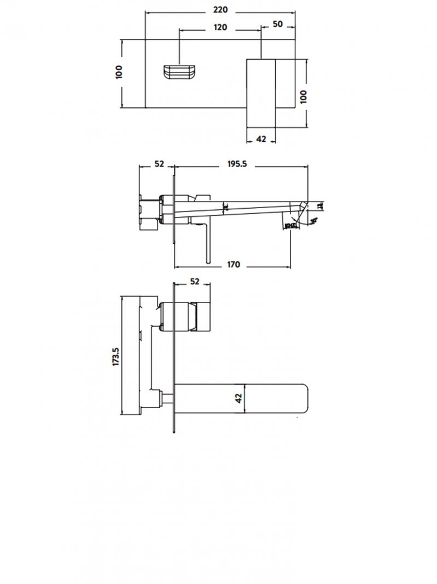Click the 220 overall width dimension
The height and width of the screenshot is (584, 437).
click(220, 10)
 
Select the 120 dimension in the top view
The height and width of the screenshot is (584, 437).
click(220, 28)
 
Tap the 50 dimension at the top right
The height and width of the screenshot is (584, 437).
click(277, 25)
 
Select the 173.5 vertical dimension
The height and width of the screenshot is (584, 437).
click(115, 356)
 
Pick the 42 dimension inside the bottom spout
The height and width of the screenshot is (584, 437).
click(238, 399)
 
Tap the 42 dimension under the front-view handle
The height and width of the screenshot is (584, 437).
click(261, 139)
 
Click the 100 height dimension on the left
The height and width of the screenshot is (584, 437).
click(120, 72)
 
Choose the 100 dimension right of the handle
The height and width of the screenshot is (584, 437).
click(304, 96)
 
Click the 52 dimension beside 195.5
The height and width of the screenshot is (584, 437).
click(159, 164)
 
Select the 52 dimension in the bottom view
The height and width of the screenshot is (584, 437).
click(194, 282)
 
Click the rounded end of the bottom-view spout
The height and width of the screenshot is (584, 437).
click(304, 399)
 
